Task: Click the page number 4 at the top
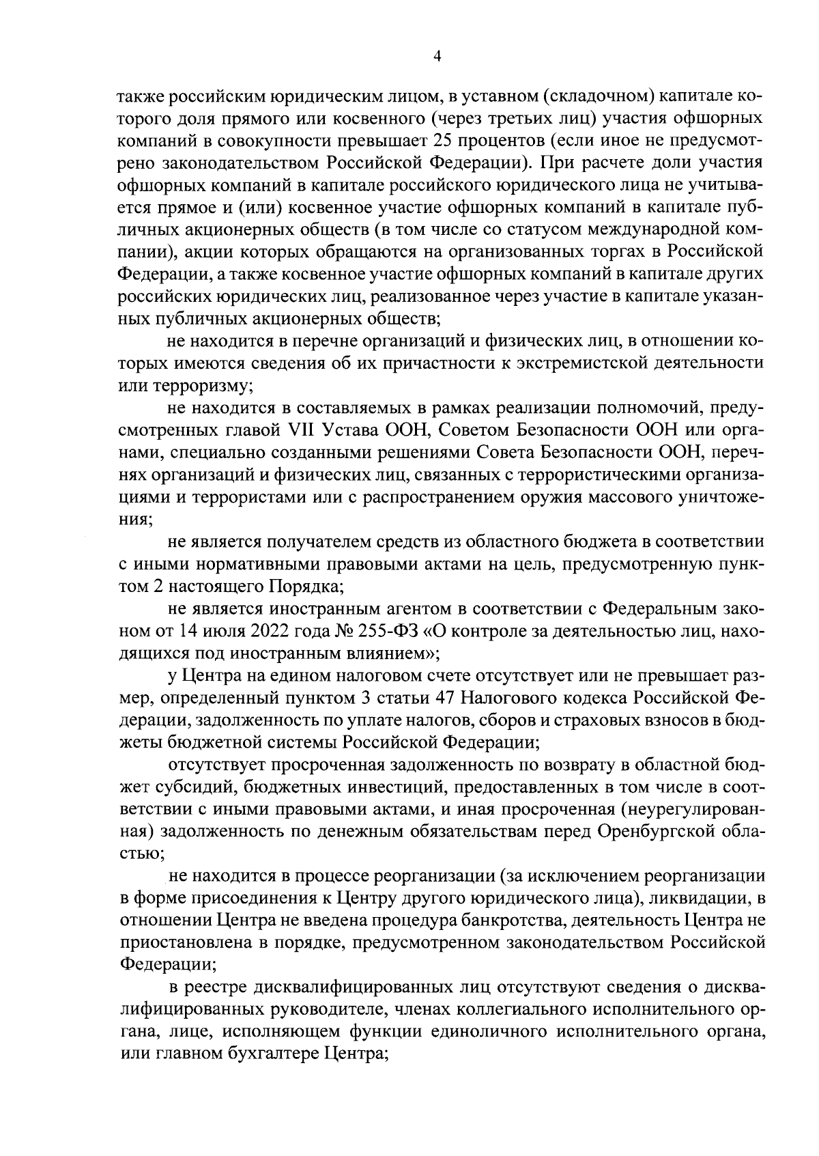pos(437,57)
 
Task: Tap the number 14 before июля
pos(190,631)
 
